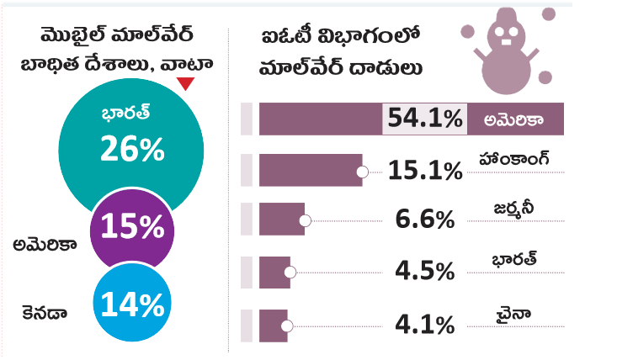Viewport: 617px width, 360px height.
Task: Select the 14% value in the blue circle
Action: [x=131, y=304]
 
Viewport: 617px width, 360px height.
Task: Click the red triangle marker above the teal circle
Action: [x=186, y=83]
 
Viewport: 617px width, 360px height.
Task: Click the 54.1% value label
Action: [x=424, y=119]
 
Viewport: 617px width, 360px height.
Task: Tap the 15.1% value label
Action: [x=425, y=171]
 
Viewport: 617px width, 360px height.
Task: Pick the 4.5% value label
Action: [x=425, y=271]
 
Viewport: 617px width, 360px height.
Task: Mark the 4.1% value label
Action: [x=425, y=323]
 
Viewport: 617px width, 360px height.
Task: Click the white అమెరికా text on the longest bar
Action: [x=513, y=119]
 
